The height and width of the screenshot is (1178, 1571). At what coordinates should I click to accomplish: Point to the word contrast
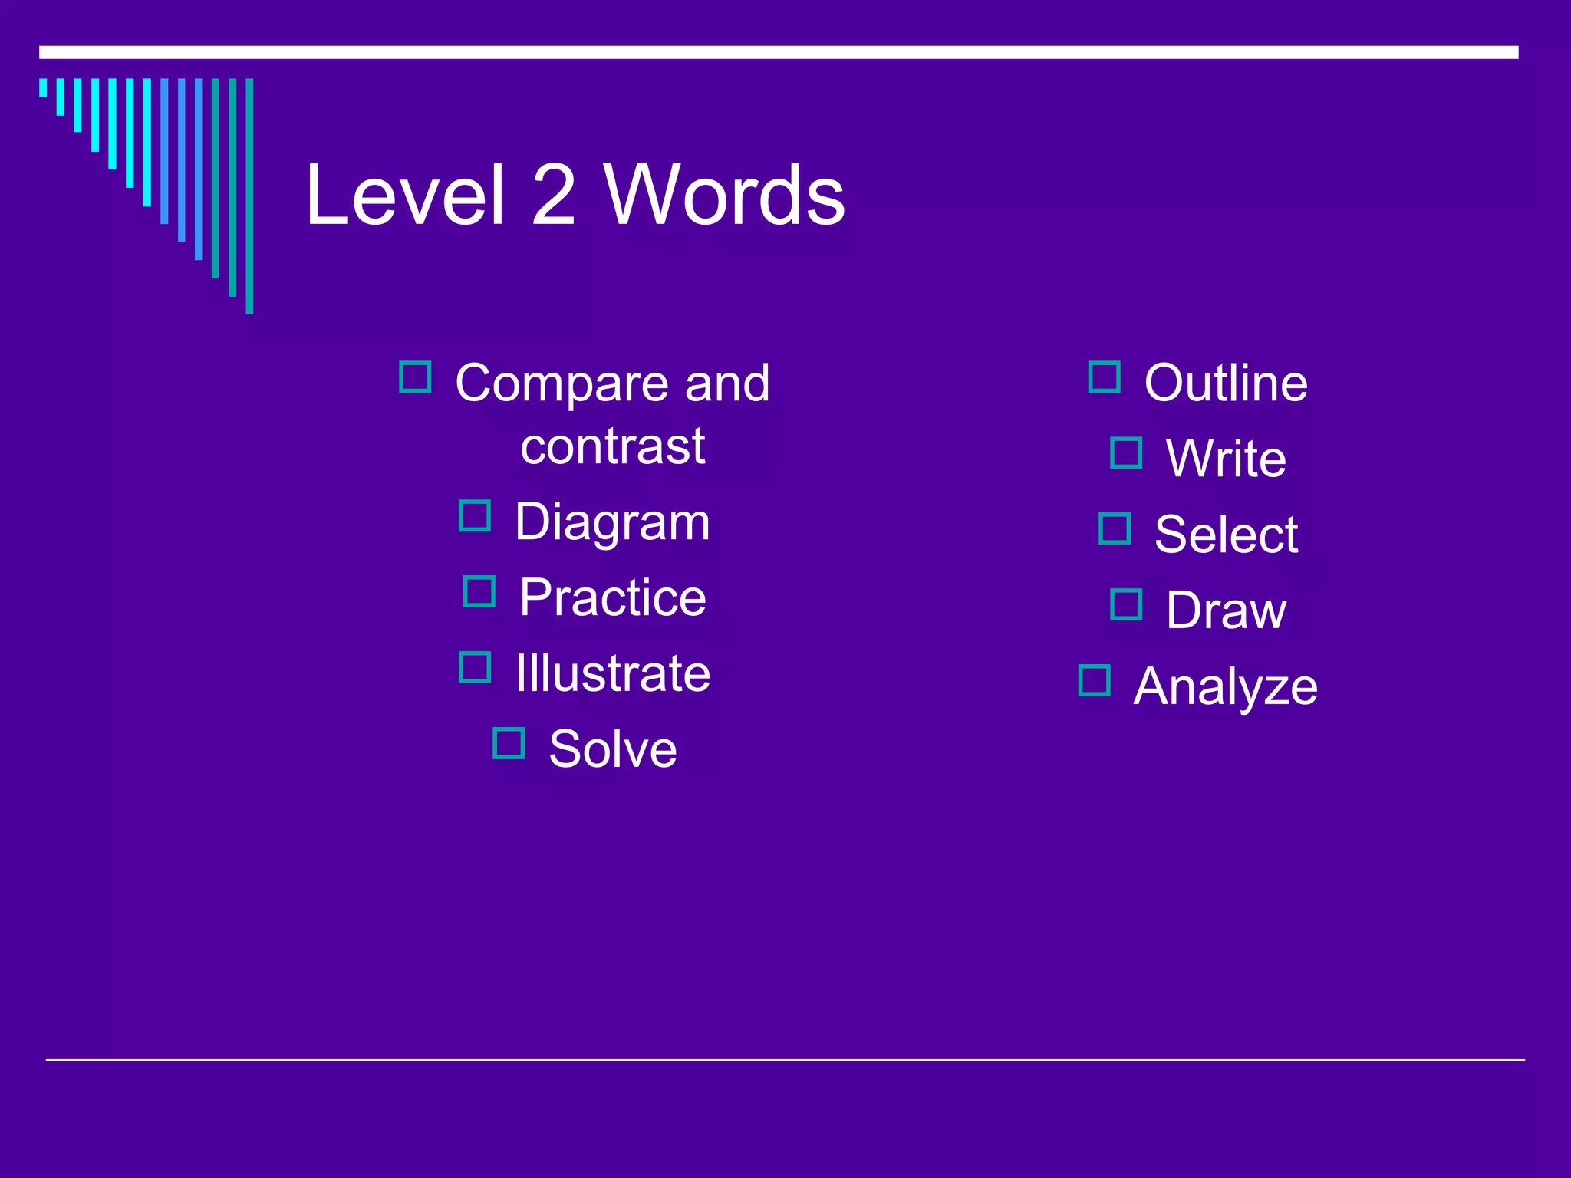click(612, 446)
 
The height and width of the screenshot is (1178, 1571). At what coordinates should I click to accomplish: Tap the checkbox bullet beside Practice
click(479, 591)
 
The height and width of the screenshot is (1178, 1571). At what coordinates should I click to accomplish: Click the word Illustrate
click(612, 673)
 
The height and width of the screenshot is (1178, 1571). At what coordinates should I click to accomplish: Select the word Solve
click(612, 749)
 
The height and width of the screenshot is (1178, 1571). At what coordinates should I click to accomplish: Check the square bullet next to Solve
click(509, 743)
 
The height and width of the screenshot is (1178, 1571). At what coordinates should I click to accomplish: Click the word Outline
click(1225, 383)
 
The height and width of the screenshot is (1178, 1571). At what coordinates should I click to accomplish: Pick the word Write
click(1225, 459)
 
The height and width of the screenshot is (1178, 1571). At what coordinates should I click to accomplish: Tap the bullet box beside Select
click(1115, 528)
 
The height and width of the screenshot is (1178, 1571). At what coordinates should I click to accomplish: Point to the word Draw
click(1225, 610)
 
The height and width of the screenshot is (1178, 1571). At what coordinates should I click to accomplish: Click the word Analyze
click(1225, 686)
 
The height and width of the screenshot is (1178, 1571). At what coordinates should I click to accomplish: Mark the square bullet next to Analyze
click(1094, 680)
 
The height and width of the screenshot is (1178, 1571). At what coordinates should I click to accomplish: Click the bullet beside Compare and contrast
click(415, 377)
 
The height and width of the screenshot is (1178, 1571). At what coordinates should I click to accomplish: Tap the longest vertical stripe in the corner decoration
click(249, 196)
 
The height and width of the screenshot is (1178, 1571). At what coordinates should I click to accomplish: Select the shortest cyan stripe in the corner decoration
click(43, 87)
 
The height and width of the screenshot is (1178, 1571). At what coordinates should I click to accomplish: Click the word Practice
click(612, 597)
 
